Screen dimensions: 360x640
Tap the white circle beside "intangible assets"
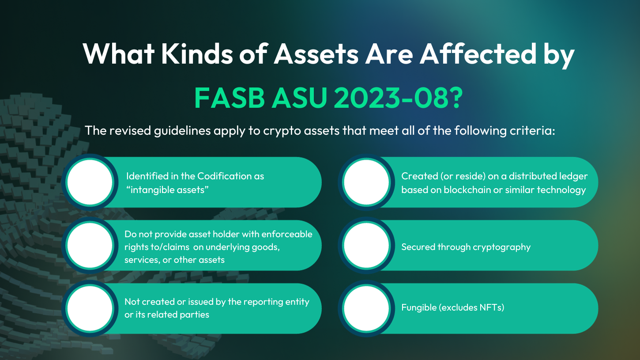tap(90, 182)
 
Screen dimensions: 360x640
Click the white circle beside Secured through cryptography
tap(366, 246)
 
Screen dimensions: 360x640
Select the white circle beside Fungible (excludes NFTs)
tap(366, 308)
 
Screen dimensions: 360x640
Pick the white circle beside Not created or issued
tap(90, 308)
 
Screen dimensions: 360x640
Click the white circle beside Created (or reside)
tap(366, 182)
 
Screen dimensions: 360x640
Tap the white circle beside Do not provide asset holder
tap(90, 246)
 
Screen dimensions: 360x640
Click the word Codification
tap(224, 176)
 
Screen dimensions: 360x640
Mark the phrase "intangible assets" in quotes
tap(167, 190)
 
